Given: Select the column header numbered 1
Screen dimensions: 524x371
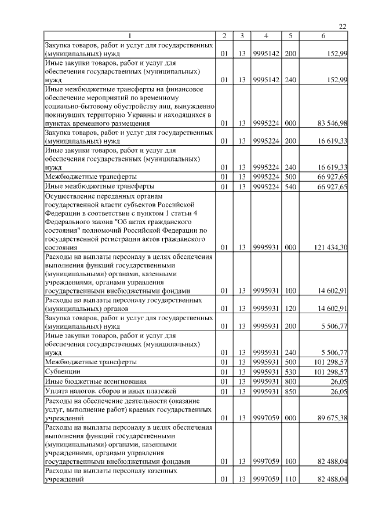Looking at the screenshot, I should click(x=130, y=36).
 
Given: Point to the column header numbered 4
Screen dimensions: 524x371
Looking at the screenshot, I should click(x=265, y=36).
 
